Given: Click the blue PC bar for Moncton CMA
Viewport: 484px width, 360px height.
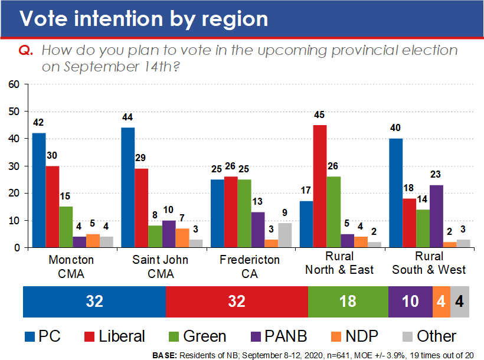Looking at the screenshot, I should (38, 190).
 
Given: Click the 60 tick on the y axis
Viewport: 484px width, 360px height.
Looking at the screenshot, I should (14, 84).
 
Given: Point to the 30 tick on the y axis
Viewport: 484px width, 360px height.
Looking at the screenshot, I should (14, 166).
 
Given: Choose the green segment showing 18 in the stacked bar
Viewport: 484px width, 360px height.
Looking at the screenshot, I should (348, 302).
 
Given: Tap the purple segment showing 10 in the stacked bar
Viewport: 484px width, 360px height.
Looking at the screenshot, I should (410, 302).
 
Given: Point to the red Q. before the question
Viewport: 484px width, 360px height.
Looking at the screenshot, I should (26, 51).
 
